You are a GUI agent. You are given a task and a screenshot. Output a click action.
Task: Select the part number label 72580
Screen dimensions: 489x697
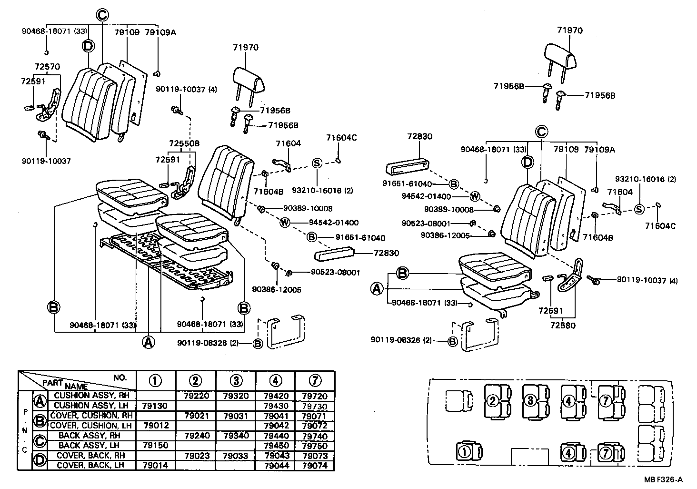pyautogui.click(x=563, y=326)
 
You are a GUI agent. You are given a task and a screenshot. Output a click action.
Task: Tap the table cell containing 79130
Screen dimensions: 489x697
pyautogui.click(x=156, y=406)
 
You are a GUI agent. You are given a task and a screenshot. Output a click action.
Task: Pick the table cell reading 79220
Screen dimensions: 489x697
pyautogui.click(x=196, y=396)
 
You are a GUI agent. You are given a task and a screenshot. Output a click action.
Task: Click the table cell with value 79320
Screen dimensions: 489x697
pyautogui.click(x=236, y=396)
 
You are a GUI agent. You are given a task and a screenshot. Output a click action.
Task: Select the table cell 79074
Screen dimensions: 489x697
pyautogui.click(x=314, y=466)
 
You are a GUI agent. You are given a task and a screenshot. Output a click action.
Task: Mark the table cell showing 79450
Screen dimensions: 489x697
pyautogui.click(x=275, y=446)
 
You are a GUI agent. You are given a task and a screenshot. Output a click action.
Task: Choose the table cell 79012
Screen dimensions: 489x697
pyautogui.click(x=156, y=426)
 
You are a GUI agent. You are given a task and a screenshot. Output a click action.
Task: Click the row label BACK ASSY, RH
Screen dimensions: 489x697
pyautogui.click(x=89, y=436)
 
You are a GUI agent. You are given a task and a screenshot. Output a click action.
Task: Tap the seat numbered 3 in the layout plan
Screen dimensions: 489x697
pyautogui.click(x=531, y=400)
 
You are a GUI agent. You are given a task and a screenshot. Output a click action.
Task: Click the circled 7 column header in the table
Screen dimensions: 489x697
pyautogui.click(x=314, y=381)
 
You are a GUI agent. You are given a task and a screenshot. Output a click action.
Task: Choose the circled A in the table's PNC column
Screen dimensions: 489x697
pyautogui.click(x=40, y=401)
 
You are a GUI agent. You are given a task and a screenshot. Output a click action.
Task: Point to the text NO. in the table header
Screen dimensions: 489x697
pyautogui.click(x=120, y=377)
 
